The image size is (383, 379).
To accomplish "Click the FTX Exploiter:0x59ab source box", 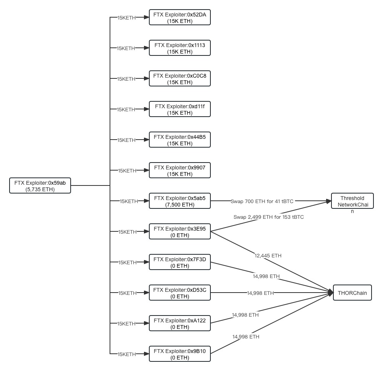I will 40,186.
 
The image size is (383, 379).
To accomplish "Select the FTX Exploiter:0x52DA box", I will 179,18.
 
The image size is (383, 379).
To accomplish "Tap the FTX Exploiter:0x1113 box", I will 179,48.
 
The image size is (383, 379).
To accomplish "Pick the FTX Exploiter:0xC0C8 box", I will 179,79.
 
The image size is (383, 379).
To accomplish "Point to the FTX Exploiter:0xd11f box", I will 179,109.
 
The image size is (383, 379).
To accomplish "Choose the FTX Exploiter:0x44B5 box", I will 179,140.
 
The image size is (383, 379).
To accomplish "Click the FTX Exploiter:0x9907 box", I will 179,171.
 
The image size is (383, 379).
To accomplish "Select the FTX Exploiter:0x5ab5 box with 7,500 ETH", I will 179,201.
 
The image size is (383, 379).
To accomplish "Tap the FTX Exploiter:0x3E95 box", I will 179,232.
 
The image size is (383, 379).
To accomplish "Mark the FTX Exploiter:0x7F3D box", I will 179,262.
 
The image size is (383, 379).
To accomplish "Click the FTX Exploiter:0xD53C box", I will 179,293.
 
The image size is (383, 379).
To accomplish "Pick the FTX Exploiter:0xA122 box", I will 179,324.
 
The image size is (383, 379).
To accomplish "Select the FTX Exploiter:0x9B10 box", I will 179,354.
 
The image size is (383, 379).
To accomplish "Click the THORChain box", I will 352,293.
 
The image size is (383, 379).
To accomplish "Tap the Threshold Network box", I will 352,202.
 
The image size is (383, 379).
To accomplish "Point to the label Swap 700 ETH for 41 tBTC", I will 262,201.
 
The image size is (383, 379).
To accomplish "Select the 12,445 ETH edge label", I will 268,255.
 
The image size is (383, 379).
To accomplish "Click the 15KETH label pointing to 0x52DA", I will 126,18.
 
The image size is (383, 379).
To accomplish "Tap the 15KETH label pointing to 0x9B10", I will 127,354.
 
